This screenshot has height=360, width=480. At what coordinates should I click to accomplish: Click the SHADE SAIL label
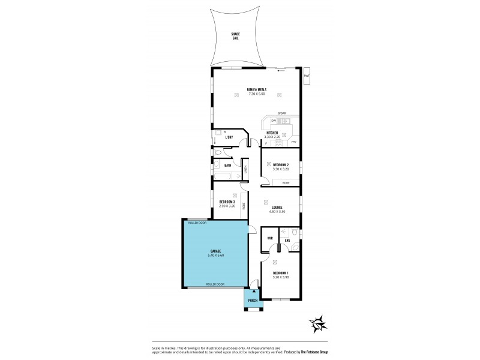pos(235,35)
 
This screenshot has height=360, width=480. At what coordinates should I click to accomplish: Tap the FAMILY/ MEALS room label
pos(256,90)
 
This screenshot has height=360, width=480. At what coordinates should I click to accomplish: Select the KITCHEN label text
pos(272,133)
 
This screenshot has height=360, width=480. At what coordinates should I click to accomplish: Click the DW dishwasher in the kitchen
pos(272,121)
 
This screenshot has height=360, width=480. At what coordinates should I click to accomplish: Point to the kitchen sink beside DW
pos(286,121)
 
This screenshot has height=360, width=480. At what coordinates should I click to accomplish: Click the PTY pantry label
pos(294,142)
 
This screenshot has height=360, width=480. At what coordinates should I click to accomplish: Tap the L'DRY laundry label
pos(229,137)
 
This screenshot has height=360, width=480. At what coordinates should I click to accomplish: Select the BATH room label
pos(227,165)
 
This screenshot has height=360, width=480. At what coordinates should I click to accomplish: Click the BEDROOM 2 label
pos(281,164)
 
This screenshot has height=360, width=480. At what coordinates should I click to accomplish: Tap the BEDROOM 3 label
pos(227,201)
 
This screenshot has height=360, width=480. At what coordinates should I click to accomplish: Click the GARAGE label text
pos(215,251)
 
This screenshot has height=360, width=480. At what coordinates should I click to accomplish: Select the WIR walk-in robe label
pos(270,238)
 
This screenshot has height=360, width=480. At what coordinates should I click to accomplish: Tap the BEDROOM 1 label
pos(281,273)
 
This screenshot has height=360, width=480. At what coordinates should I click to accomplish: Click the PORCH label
pos(253,300)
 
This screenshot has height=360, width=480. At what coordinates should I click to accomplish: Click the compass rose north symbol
pos(319,323)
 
